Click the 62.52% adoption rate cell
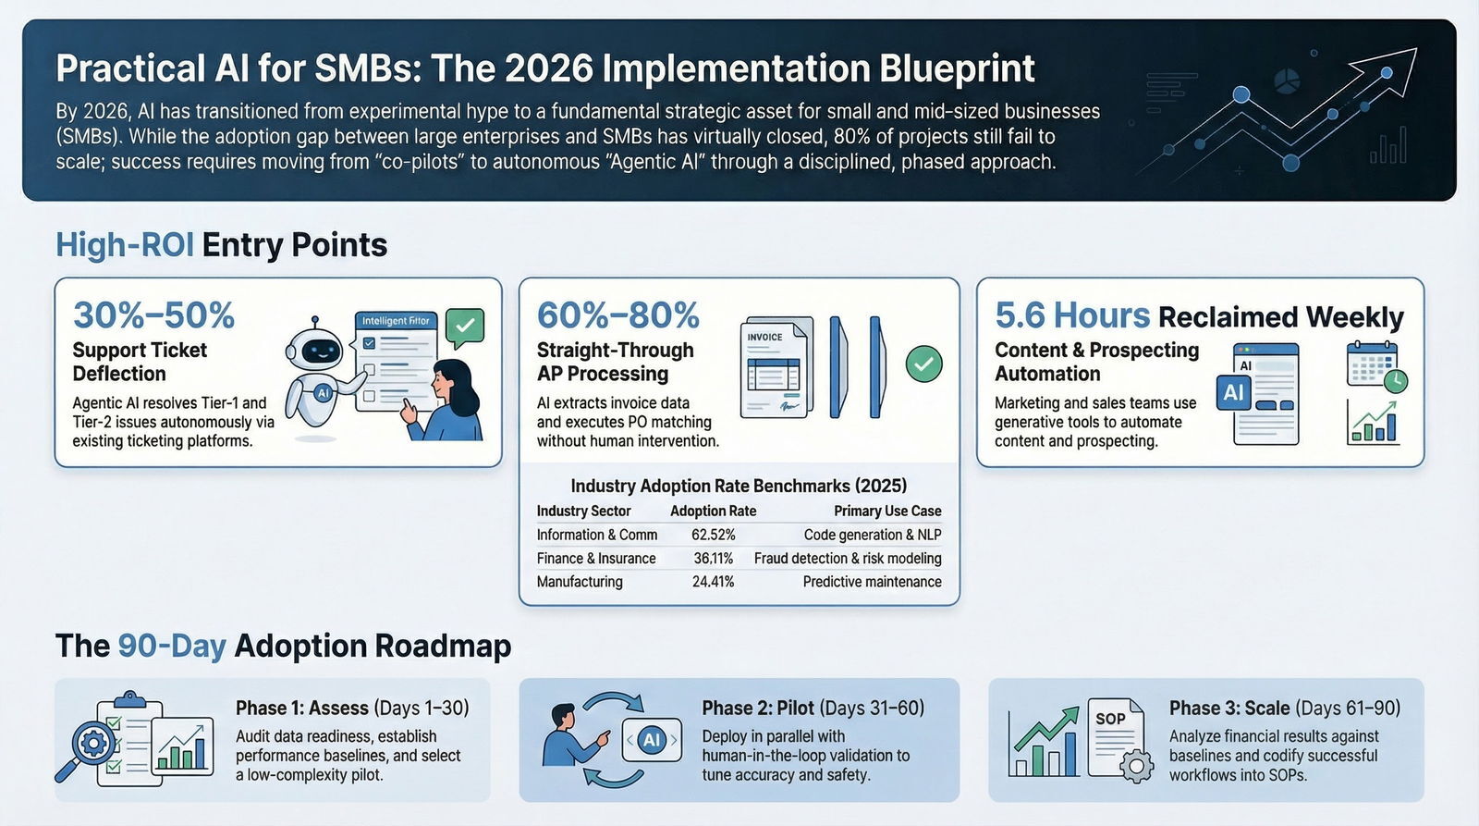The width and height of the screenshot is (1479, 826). pyautogui.click(x=713, y=535)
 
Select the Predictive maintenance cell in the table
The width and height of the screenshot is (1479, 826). pyautogui.click(x=872, y=582)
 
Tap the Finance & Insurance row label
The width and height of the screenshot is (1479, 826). pyautogui.click(x=596, y=559)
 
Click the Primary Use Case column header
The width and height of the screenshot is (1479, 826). pyautogui.click(x=887, y=511)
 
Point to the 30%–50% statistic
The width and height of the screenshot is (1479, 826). pyautogui.click(x=154, y=315)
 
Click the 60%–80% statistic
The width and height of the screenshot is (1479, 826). pyautogui.click(x=618, y=315)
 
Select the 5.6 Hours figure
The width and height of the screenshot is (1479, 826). pyautogui.click(x=1072, y=316)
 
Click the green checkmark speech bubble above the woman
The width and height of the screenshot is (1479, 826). pyautogui.click(x=465, y=326)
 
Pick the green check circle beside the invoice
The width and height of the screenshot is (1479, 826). pyautogui.click(x=923, y=364)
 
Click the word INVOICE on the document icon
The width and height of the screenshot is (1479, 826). pyautogui.click(x=764, y=338)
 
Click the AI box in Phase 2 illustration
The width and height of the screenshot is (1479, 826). pyautogui.click(x=652, y=739)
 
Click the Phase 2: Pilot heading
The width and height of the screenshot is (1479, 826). pyautogui.click(x=758, y=709)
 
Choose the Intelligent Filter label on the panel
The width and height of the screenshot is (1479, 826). pyautogui.click(x=396, y=321)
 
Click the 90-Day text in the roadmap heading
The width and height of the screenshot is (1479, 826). pyautogui.click(x=172, y=646)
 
